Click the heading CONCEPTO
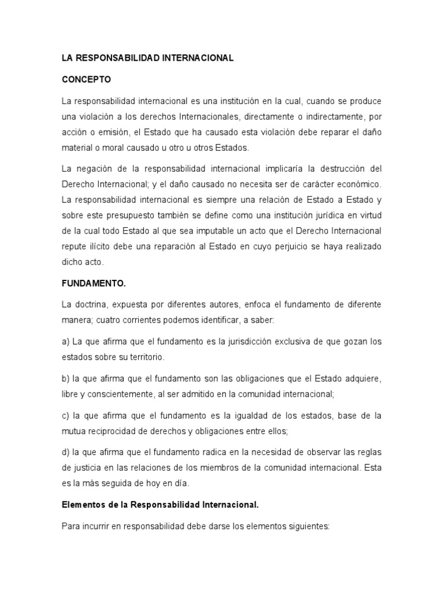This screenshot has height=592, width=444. tap(86, 79)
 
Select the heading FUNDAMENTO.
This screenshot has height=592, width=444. tap(94, 284)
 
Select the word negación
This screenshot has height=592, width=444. tap(94, 169)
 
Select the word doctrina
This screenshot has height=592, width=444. tap(92, 304)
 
